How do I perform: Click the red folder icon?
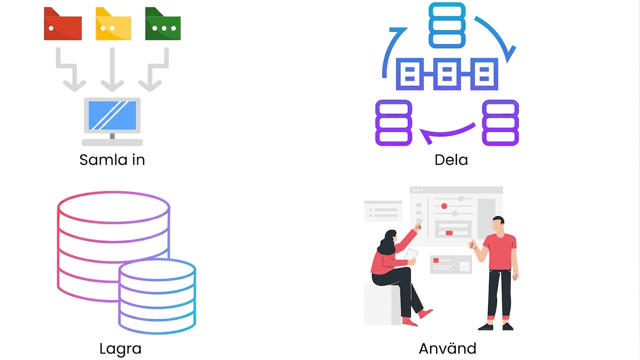(x=62, y=24)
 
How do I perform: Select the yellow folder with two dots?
(x=113, y=24)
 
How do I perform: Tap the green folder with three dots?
(x=163, y=24)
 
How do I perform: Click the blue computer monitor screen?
(x=112, y=115)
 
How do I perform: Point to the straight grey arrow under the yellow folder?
(x=112, y=69)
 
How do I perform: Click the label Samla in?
(x=112, y=160)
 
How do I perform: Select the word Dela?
(x=451, y=160)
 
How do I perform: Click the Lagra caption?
(x=120, y=349)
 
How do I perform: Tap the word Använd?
(x=447, y=348)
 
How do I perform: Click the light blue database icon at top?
(x=447, y=25)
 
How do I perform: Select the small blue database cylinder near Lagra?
(x=157, y=296)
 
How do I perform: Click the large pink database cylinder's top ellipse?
(x=113, y=208)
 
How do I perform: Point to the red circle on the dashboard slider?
(x=444, y=206)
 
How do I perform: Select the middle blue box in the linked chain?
(x=447, y=74)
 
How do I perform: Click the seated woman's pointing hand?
(x=418, y=225)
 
